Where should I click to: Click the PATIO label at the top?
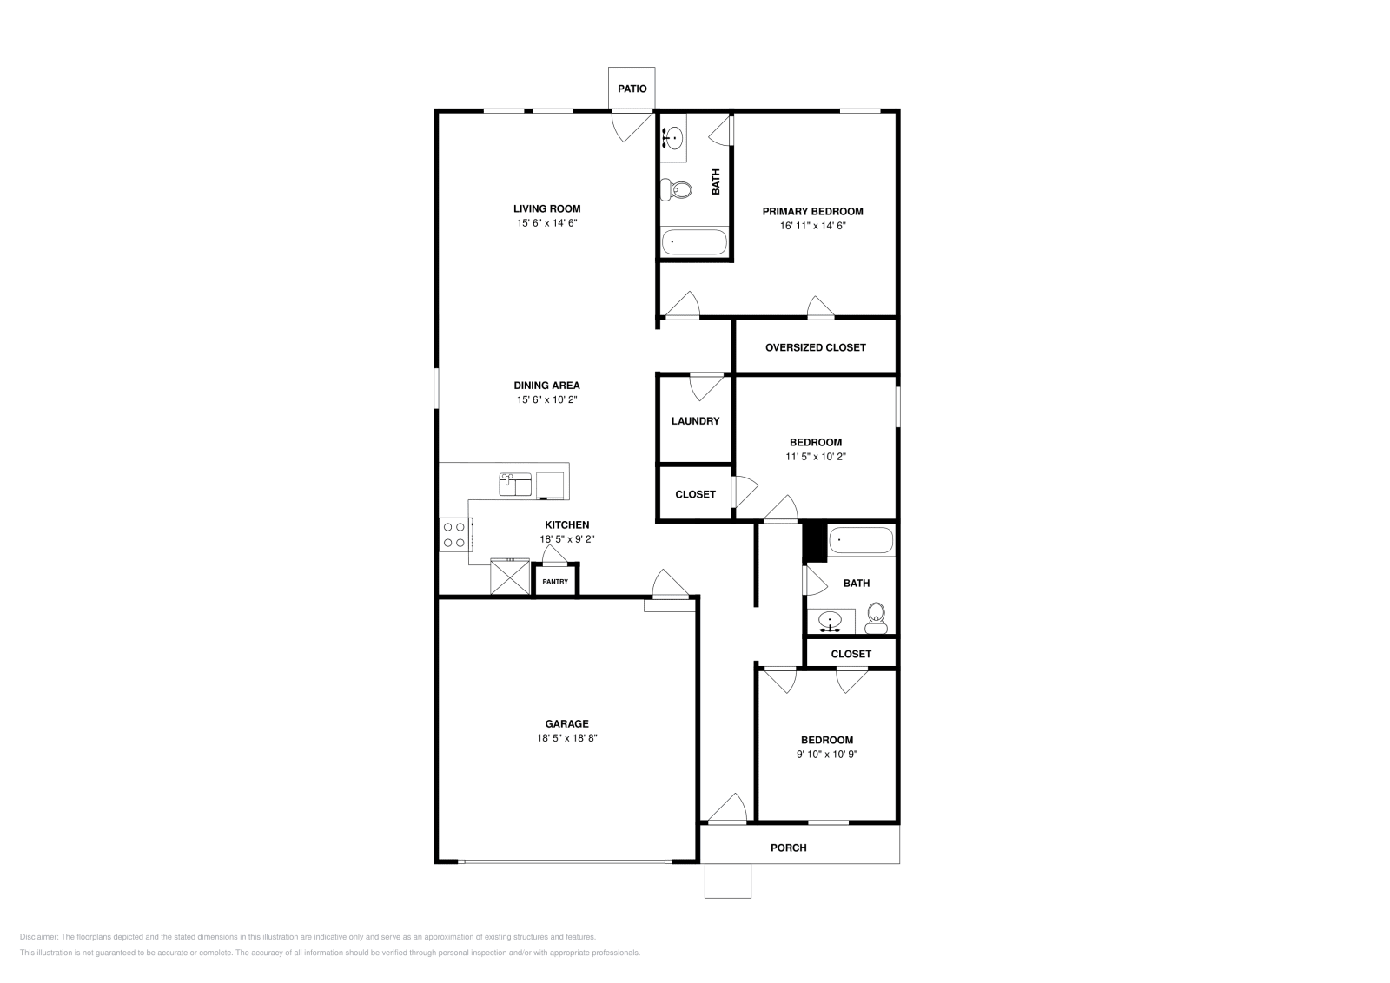pos(632,89)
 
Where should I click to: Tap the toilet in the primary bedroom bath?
pos(676,188)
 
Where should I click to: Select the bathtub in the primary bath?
pos(694,242)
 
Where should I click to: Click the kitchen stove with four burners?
pos(454,534)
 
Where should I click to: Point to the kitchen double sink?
pos(515,484)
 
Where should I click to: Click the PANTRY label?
pos(555,582)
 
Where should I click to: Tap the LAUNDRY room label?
pos(695,421)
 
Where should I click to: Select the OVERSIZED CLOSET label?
pos(815,347)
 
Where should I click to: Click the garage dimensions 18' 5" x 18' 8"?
pos(566,738)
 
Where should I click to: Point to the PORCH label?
pos(789,848)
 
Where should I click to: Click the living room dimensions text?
pos(546,223)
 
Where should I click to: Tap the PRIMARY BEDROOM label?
pos(812,211)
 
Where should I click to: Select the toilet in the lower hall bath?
pos(875,617)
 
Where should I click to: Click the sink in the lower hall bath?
pos(832,622)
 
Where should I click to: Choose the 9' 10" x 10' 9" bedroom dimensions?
pos(826,755)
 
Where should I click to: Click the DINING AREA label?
pos(546,386)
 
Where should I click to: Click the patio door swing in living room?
pos(632,127)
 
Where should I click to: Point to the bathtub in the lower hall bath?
pos(860,541)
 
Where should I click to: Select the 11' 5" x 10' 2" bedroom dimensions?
pos(815,456)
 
